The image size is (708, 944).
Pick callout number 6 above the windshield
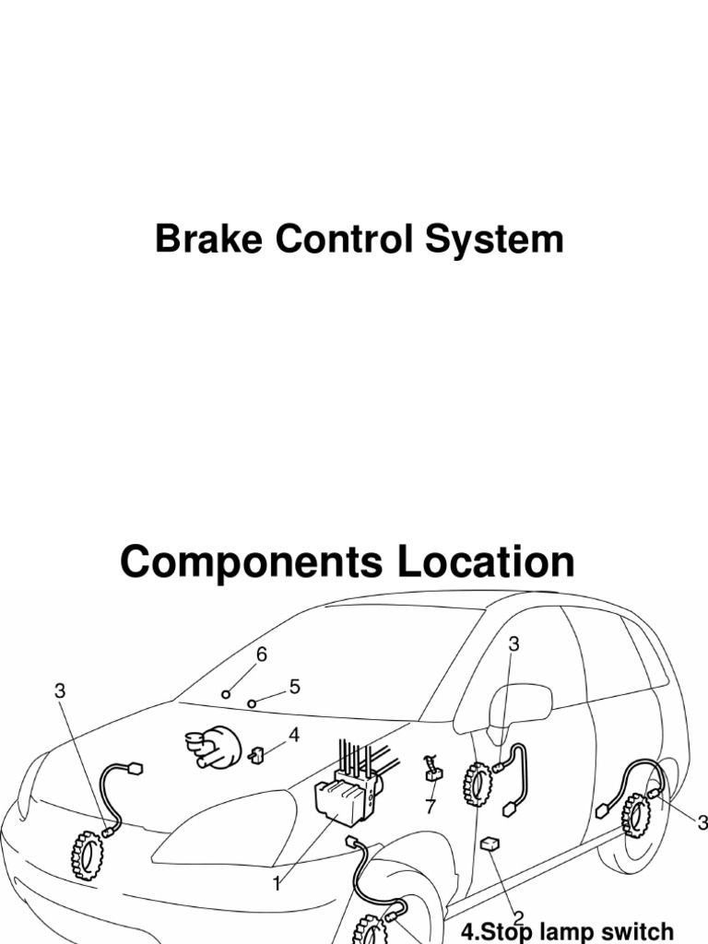pyautogui.click(x=262, y=655)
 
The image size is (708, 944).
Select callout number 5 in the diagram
pyautogui.click(x=295, y=687)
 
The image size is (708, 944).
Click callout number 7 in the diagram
pyautogui.click(x=430, y=808)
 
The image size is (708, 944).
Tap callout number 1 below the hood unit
pyautogui.click(x=276, y=884)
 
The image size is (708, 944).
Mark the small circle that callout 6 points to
pyautogui.click(x=226, y=693)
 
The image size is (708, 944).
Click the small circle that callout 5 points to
pyautogui.click(x=252, y=702)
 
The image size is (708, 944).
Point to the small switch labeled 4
pyautogui.click(x=257, y=755)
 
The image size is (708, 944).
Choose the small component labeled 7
pyautogui.click(x=431, y=772)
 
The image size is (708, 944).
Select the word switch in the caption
pyautogui.click(x=636, y=931)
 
